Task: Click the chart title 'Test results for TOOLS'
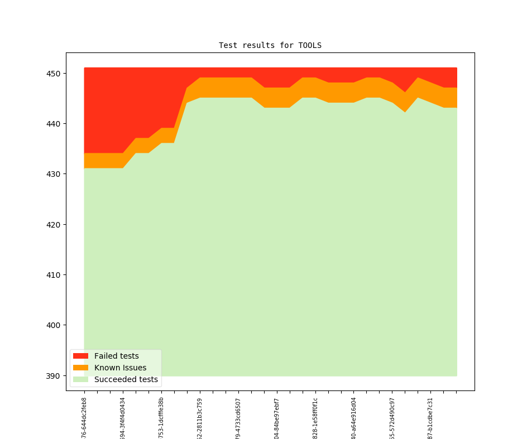[x=270, y=45]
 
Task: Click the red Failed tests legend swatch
[x=80, y=356]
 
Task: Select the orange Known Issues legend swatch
[x=80, y=368]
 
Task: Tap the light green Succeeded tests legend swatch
[x=80, y=379]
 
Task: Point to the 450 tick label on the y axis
[x=55, y=74]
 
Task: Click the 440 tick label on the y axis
[x=55, y=124]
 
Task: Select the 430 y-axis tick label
[x=55, y=174]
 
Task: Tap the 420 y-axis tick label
[x=55, y=225]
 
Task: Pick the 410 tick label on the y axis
[x=55, y=275]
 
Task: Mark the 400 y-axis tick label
[x=55, y=325]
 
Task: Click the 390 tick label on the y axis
[x=55, y=376]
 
